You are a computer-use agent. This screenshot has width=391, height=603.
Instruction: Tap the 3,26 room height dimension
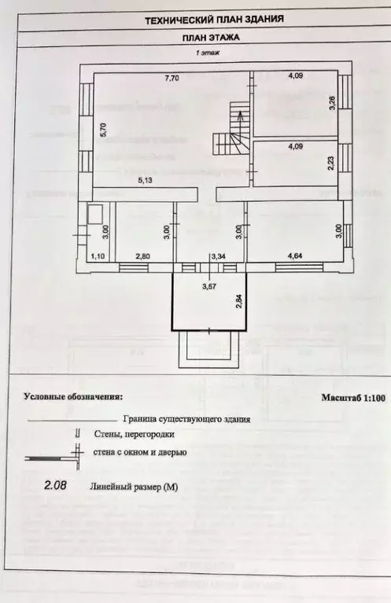(x=333, y=102)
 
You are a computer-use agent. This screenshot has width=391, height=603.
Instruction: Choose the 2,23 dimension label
(x=333, y=164)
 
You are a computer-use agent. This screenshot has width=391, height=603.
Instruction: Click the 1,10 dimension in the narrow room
(x=98, y=256)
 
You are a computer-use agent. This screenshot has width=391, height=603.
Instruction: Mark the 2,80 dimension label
(x=142, y=256)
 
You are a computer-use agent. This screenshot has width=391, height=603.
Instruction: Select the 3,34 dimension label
(x=219, y=256)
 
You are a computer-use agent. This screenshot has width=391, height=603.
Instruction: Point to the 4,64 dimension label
(x=296, y=256)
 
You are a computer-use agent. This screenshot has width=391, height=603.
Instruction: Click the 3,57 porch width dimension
(x=209, y=286)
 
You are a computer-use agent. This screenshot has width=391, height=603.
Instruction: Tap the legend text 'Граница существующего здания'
(x=187, y=420)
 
